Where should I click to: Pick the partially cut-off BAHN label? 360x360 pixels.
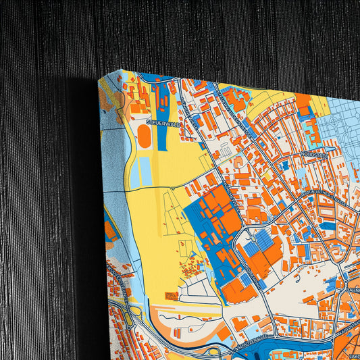[353, 291]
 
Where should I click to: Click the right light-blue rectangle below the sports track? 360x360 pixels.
[147, 173]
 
